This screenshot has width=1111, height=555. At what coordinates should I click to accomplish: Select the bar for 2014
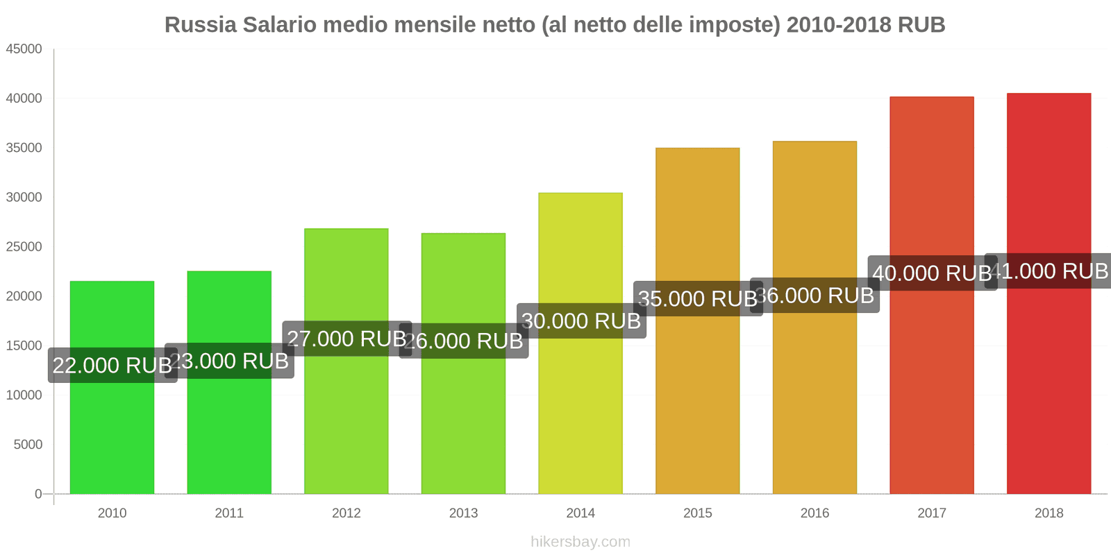tap(580, 416)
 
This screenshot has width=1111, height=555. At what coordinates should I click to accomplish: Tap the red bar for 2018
tap(1049, 388)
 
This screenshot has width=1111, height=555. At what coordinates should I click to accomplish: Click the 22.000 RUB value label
tap(112, 365)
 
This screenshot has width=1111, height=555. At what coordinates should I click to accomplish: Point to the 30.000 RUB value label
tap(582, 321)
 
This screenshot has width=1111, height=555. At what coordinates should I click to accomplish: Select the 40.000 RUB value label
tap(932, 273)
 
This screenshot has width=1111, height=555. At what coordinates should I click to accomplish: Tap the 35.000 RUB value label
tap(697, 299)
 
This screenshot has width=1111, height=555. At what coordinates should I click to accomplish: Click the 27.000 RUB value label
tap(346, 339)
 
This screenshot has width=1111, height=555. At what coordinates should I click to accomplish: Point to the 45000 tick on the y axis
tap(24, 49)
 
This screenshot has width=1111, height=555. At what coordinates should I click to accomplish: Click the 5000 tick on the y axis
tap(28, 445)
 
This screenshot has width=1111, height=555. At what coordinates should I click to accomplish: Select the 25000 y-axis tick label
tap(24, 247)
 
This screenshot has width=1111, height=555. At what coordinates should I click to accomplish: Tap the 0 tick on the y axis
tap(38, 494)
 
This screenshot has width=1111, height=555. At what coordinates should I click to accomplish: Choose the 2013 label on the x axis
tap(463, 513)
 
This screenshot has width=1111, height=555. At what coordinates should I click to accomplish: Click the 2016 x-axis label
tap(815, 513)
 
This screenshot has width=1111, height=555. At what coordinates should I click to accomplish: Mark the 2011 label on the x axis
tap(229, 513)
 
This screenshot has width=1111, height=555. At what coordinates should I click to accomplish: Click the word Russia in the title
tap(200, 25)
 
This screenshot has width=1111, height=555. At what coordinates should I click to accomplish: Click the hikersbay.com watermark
tap(580, 542)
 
